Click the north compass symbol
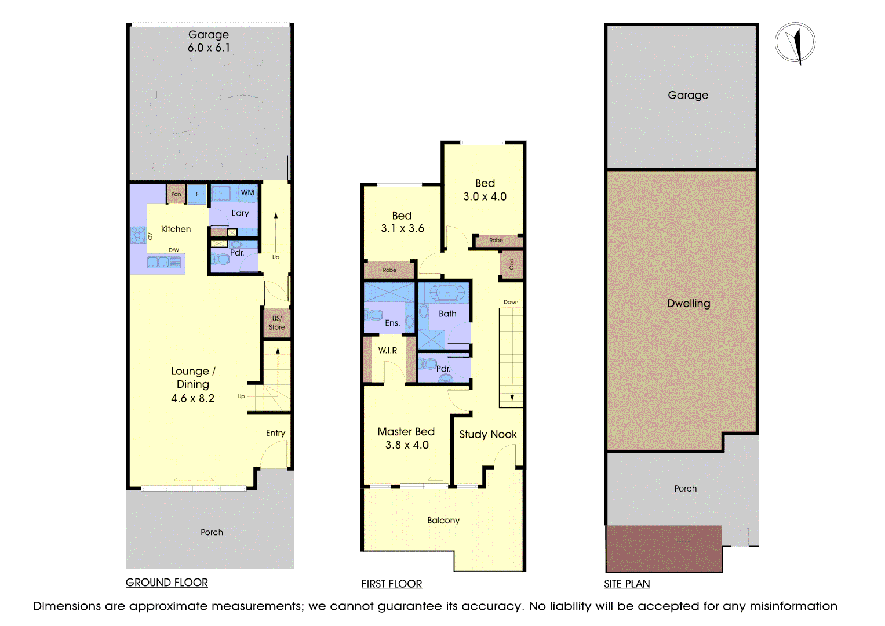795,43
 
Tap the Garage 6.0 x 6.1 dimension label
209,42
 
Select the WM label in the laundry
247,192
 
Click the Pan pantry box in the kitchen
176,194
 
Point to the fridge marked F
197,194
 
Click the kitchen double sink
163,263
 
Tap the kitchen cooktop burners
138,235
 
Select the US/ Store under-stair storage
277,323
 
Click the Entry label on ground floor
275,433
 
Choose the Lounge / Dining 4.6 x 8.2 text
193,384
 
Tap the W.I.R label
388,350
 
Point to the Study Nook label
488,434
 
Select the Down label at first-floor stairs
511,302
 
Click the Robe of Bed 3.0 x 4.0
496,240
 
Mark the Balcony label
443,521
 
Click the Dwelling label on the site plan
689,303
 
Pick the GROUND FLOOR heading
167,583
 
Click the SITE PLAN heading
627,584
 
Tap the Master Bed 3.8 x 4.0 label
406,438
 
